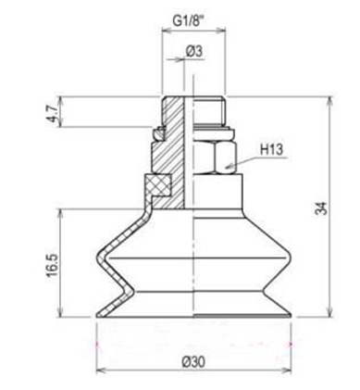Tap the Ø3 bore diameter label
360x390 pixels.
(x=194, y=52)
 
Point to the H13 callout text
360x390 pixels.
(x=273, y=147)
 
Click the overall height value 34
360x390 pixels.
(x=321, y=209)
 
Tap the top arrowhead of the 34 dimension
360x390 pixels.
(x=330, y=98)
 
